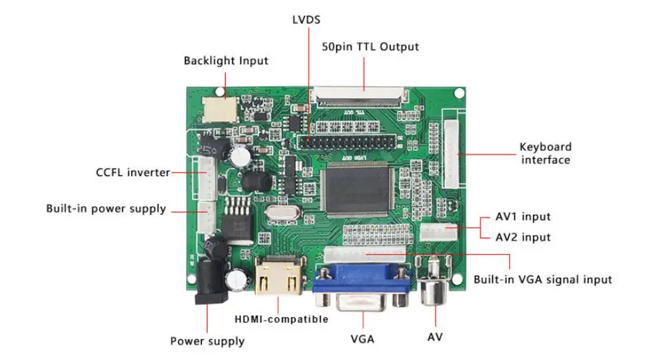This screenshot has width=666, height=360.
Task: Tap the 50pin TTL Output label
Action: click(369, 47)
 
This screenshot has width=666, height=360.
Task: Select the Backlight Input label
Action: click(226, 61)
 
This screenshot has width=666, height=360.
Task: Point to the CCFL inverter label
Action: click(133, 172)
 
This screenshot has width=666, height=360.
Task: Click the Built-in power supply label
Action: click(106, 209)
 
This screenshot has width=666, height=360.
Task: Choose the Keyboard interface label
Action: click(546, 154)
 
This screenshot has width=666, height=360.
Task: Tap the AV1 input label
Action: click(523, 217)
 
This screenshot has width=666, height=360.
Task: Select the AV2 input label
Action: click(523, 237)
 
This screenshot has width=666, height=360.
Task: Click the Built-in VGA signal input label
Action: click(543, 279)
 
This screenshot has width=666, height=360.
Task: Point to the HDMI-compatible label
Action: click(281, 319)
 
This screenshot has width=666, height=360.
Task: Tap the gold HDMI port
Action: click(279, 281)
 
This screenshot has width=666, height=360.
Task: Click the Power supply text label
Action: click(207, 341)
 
